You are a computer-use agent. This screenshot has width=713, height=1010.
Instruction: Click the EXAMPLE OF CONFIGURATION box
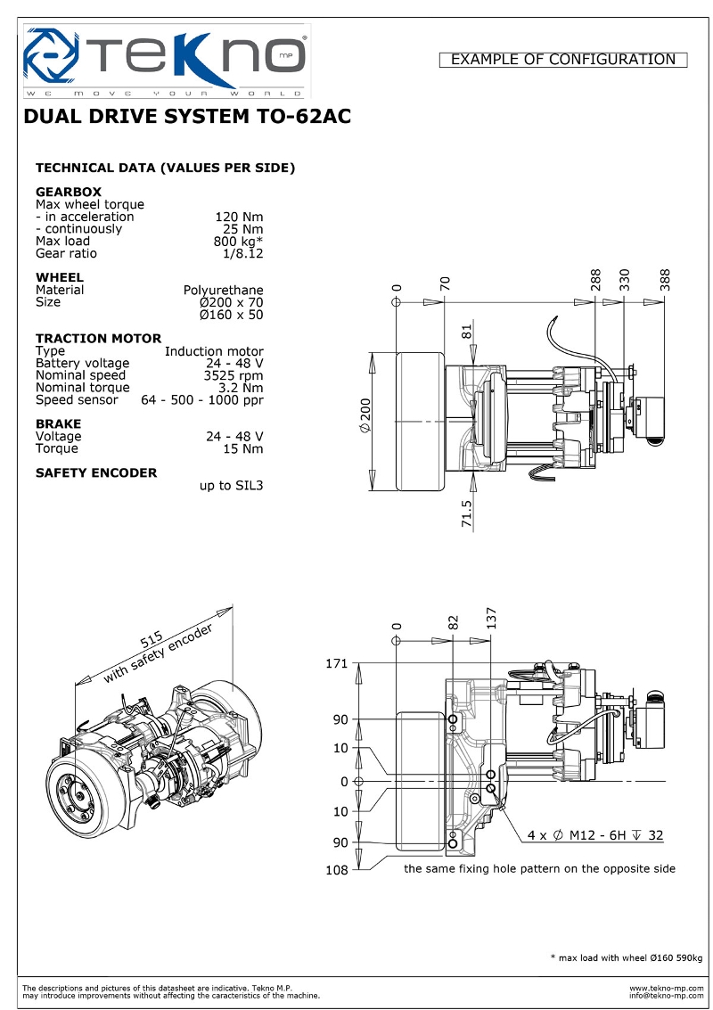coord(563,60)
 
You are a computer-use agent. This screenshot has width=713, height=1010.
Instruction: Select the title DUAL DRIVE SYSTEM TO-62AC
coord(187,117)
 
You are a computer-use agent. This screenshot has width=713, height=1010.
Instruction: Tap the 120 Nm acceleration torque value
coord(239,217)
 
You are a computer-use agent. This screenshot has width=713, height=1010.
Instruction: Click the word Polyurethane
coord(223,290)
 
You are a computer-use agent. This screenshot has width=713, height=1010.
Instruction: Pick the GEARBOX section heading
coord(68,192)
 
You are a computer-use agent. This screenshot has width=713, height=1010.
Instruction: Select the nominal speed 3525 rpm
coord(234,375)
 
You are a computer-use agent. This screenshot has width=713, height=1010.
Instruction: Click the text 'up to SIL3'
coord(231,486)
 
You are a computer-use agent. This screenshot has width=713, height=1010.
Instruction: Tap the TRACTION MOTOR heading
coord(98,338)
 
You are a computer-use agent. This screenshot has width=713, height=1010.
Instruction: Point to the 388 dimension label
coord(665,280)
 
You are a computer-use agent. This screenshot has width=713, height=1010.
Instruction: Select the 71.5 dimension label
coord(467,514)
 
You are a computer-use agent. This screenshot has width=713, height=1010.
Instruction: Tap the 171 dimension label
coord(337,664)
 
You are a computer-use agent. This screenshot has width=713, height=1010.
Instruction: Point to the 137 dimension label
coord(491,617)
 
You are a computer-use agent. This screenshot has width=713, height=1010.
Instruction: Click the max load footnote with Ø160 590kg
coord(626,957)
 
